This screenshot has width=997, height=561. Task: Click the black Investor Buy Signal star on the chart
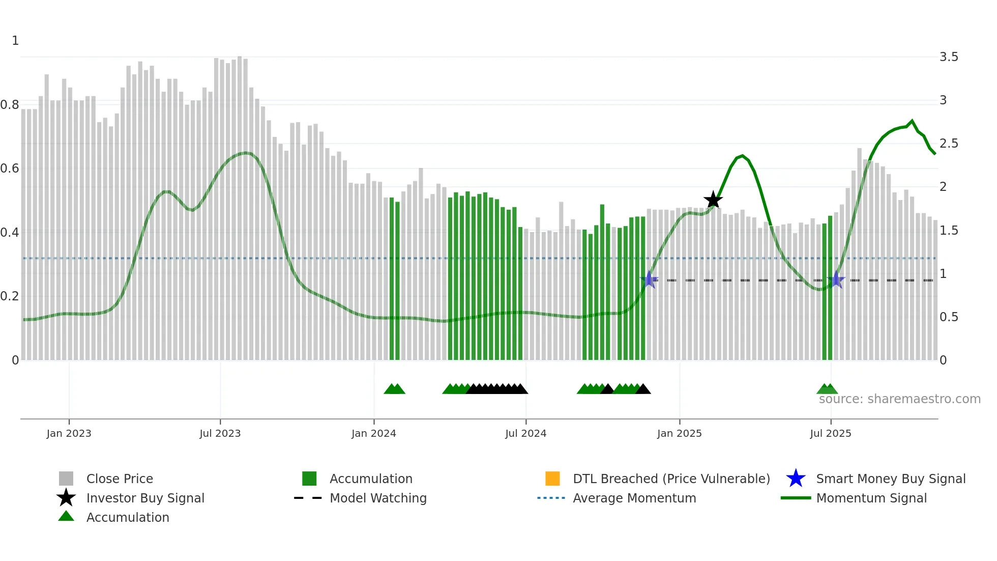coord(713,200)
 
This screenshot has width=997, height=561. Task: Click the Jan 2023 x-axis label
coord(69,433)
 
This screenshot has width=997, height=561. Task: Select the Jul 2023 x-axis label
coord(220,433)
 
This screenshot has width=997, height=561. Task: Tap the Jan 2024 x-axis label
coord(373,433)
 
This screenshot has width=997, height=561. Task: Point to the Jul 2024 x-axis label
coord(525,433)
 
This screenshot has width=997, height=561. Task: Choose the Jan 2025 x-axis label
coord(679,433)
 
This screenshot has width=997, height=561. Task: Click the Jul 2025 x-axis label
coord(830,433)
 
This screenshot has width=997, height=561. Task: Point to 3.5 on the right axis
coord(949,57)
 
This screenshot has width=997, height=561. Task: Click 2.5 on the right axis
coord(949,144)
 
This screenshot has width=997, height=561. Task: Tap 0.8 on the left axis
coord(10,105)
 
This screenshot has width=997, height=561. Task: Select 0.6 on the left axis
coord(10,169)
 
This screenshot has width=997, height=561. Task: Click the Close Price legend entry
coord(120,479)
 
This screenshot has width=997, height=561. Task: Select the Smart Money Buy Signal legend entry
coord(891,479)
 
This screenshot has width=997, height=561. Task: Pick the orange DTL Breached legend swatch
coord(552,479)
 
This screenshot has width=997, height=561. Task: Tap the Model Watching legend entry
coord(378,498)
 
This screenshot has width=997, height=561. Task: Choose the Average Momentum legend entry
coord(634,498)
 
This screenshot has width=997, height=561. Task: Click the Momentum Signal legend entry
coord(871,498)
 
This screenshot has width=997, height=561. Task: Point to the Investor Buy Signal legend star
coord(66,498)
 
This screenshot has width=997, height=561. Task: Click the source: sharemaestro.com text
coord(899,399)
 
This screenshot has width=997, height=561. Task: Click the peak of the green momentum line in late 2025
coord(912,121)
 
